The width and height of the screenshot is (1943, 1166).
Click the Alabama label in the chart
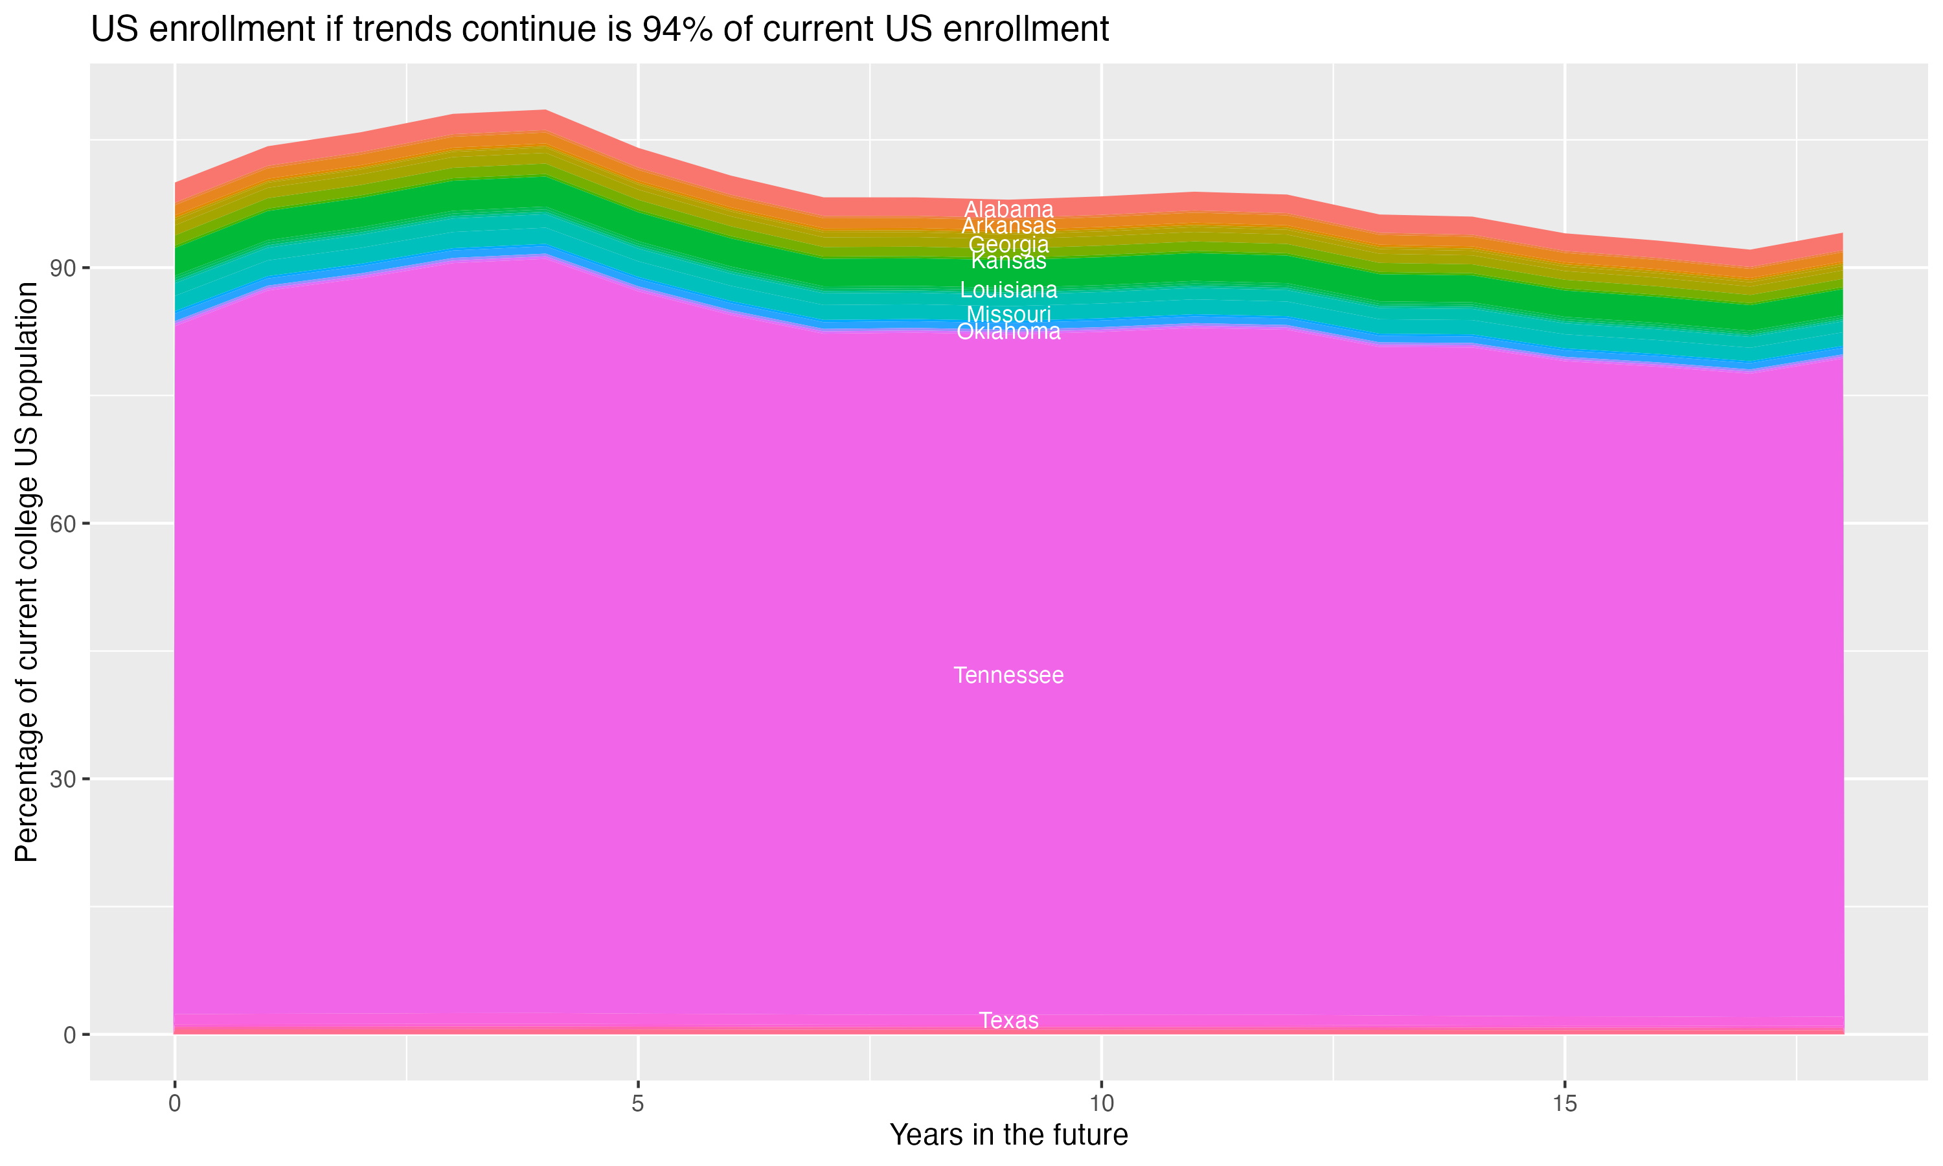pyautogui.click(x=1008, y=210)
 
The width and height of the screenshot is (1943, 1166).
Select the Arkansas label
pyautogui.click(x=1008, y=226)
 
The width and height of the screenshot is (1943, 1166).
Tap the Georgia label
pyautogui.click(x=1008, y=244)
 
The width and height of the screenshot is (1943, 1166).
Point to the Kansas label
pyautogui.click(x=1008, y=261)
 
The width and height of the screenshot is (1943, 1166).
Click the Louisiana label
pyautogui.click(x=1008, y=290)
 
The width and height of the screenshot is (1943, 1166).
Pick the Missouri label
pyautogui.click(x=1008, y=314)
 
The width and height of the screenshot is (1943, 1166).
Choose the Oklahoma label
pyautogui.click(x=1008, y=332)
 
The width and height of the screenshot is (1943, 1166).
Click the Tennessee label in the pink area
pyautogui.click(x=1008, y=676)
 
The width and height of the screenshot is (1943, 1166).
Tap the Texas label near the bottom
pyautogui.click(x=1008, y=1021)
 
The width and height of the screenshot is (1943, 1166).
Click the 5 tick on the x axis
pyautogui.click(x=638, y=1104)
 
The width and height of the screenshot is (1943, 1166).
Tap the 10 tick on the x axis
pyautogui.click(x=1101, y=1104)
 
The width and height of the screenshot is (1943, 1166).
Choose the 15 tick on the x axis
pyautogui.click(x=1565, y=1104)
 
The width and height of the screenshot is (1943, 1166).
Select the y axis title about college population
pyautogui.click(x=27, y=571)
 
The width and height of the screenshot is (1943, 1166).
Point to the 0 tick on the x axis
pyautogui.click(x=174, y=1104)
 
